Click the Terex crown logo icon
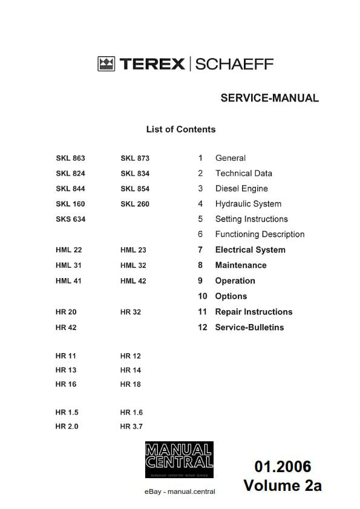coord(106,64)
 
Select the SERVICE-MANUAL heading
coord(269,98)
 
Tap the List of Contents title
coord(180,129)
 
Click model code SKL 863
coord(70,158)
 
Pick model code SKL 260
coord(135,204)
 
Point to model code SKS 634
coord(70,219)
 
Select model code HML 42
coord(133,281)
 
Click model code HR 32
coord(131,312)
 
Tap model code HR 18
coord(131,384)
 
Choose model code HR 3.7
coord(131,427)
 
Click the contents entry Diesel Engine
coord(241,189)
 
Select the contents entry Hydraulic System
coord(248,204)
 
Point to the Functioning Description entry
coord(260,235)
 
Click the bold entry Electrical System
coord(250,250)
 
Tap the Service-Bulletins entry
coord(249,328)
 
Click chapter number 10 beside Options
coord(202,296)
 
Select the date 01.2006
coord(283,467)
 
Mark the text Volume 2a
coord(283,485)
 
